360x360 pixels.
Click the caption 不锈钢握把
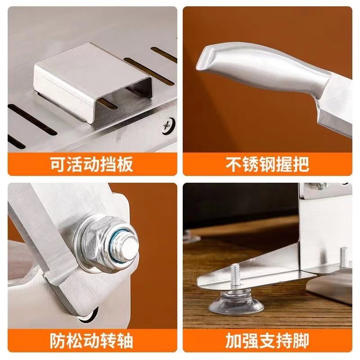pyautogui.click(x=267, y=164)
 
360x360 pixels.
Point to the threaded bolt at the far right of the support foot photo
pyautogui.click(x=344, y=256)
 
